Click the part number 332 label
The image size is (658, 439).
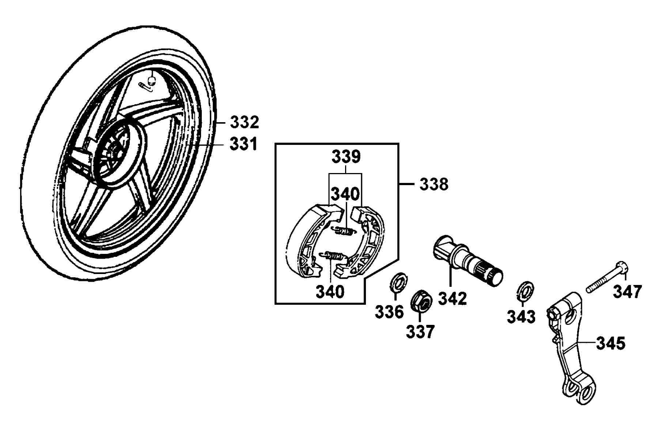pyautogui.click(x=244, y=122)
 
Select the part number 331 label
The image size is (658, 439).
pyautogui.click(x=243, y=144)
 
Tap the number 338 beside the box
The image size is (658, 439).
pyautogui.click(x=434, y=184)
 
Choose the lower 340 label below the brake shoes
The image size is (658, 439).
pyautogui.click(x=330, y=292)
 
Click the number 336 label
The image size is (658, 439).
pyautogui.click(x=389, y=312)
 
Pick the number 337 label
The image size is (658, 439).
pyautogui.click(x=420, y=332)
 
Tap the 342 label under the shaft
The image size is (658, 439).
pyautogui.click(x=453, y=299)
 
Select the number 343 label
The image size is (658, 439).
pyautogui.click(x=521, y=317)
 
